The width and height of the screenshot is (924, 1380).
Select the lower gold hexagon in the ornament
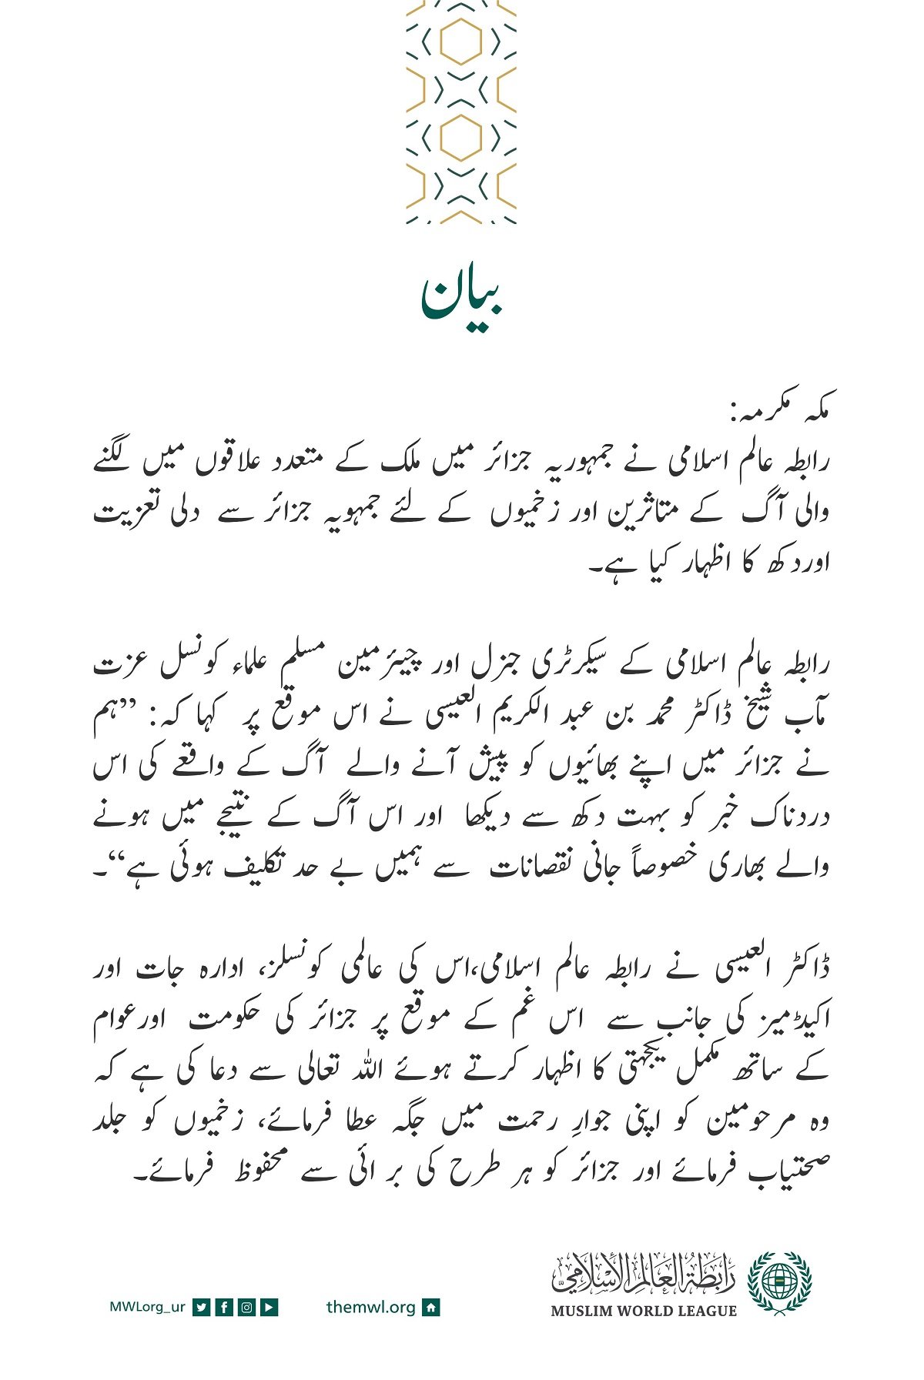click(x=460, y=138)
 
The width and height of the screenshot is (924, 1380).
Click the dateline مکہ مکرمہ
click(x=781, y=415)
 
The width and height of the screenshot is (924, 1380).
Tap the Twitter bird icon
click(x=202, y=1306)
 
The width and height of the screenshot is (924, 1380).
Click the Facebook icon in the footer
click(x=224, y=1306)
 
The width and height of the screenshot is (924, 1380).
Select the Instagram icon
click(x=246, y=1306)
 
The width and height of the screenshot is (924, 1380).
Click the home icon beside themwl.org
click(x=431, y=1306)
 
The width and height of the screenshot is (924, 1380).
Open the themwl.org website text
click(x=370, y=1306)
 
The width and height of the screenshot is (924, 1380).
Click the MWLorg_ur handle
click(x=147, y=1306)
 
